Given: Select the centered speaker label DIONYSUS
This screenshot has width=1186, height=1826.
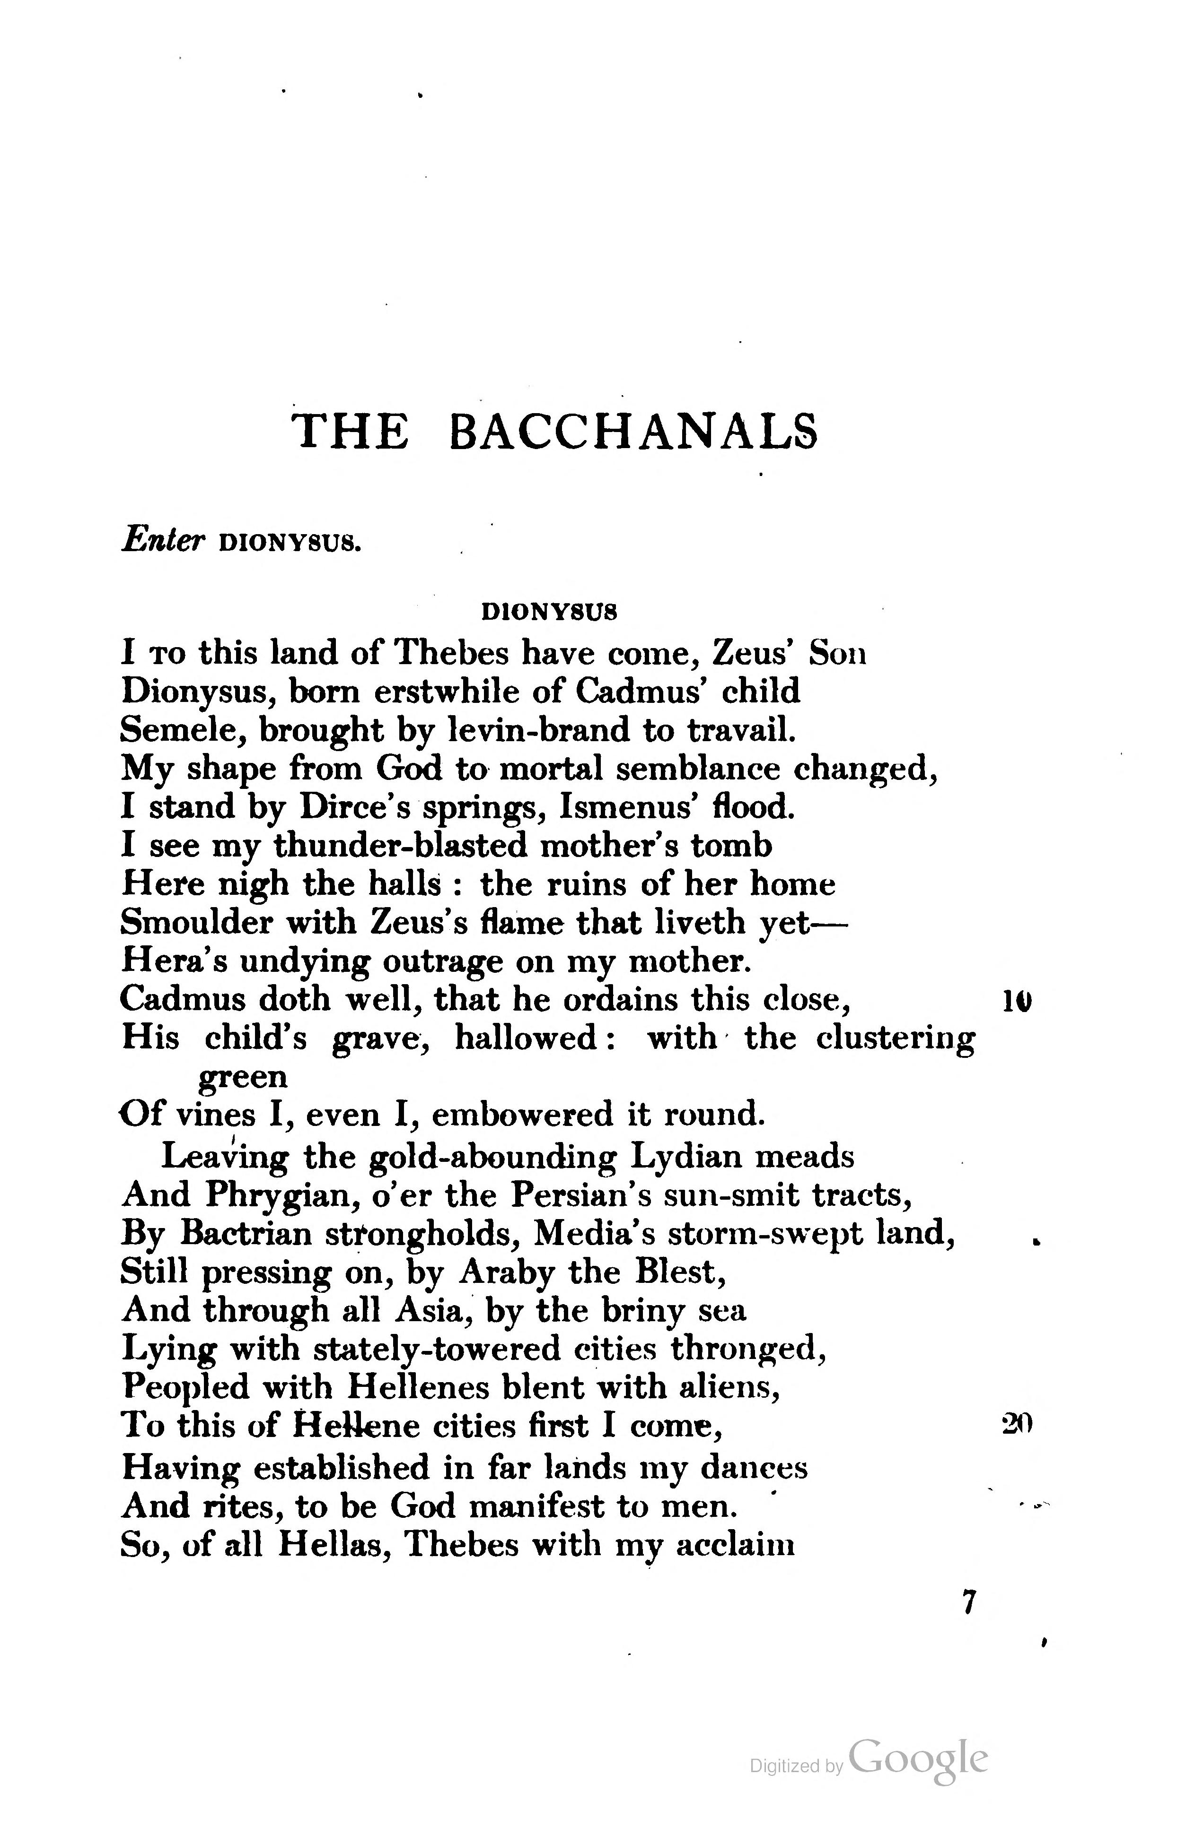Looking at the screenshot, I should click(x=549, y=612).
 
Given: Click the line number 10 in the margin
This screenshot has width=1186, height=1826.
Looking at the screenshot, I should click(x=1017, y=1001).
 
